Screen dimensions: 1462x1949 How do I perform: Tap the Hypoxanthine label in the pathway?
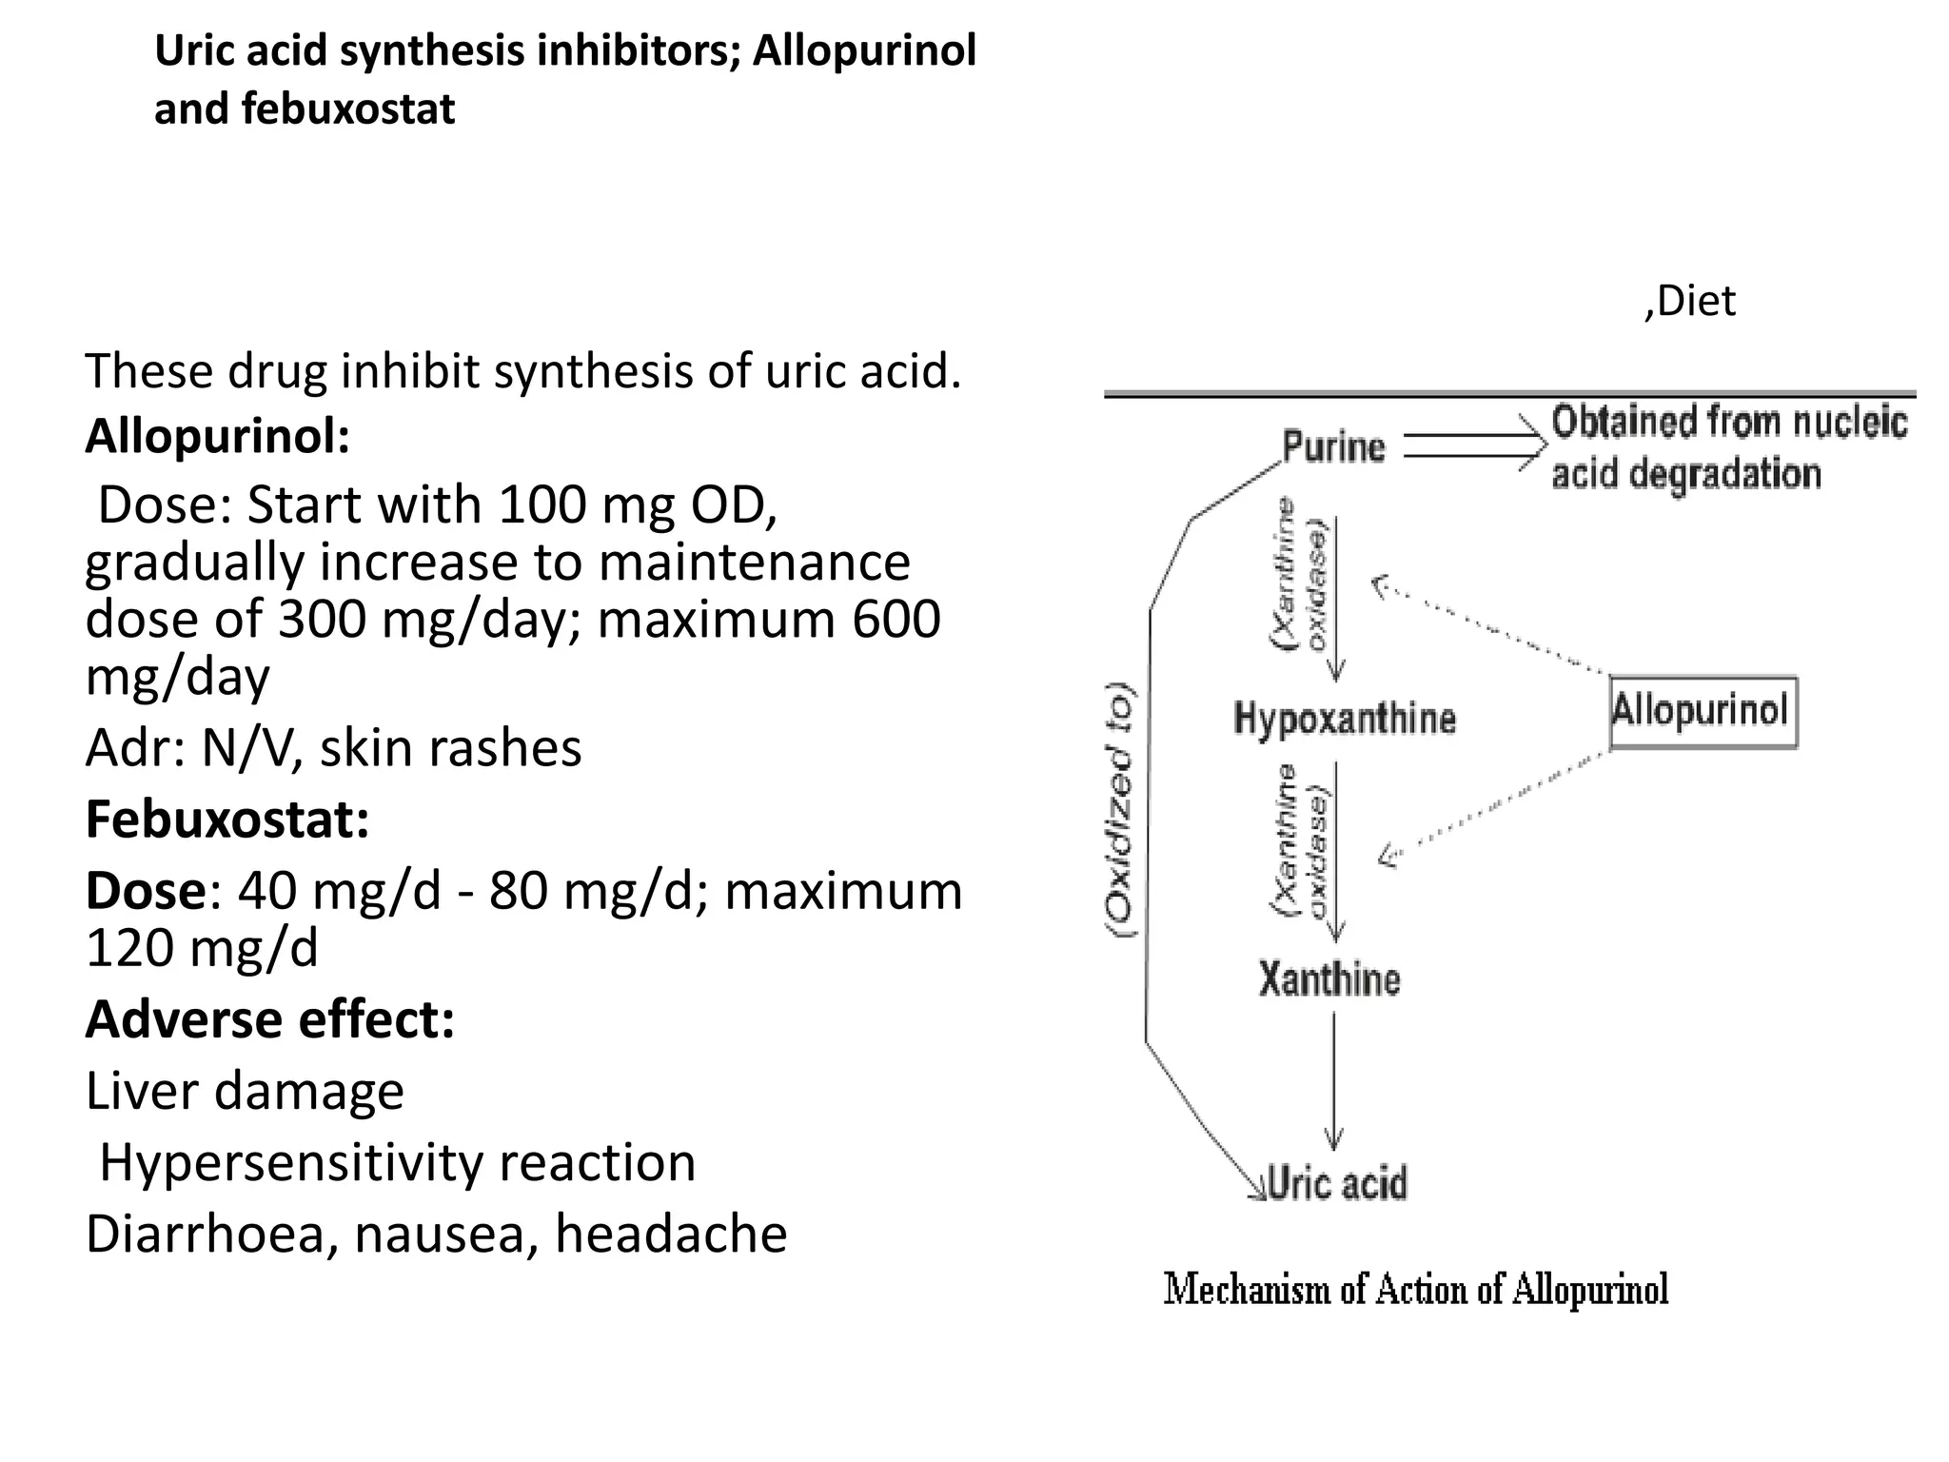[1344, 719]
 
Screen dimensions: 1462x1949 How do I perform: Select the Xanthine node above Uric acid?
[1329, 979]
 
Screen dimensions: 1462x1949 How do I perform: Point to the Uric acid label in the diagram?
[1337, 1183]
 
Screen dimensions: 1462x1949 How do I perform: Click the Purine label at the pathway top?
[1333, 446]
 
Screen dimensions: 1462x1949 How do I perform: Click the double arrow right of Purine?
[1474, 445]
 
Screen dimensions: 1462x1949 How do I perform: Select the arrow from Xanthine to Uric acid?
[1333, 1080]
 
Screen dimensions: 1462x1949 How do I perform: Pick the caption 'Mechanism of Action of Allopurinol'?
[1416, 1290]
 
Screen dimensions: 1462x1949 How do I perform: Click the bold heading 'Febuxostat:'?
[227, 819]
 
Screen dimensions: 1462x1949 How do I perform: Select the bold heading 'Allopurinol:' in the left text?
[218, 436]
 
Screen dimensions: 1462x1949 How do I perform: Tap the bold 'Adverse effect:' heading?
[270, 1018]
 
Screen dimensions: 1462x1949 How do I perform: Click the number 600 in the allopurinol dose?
[896, 620]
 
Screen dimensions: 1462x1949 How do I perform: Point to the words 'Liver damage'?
[245, 1091]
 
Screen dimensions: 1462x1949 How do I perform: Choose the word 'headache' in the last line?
[671, 1235]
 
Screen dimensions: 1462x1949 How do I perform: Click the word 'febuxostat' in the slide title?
[347, 109]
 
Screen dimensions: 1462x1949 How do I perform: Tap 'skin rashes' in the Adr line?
[450, 748]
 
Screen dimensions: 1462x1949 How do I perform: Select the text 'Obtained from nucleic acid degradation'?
[1727, 447]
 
